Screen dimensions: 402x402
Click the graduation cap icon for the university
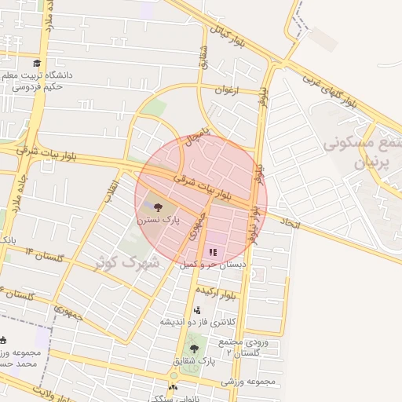(36, 64)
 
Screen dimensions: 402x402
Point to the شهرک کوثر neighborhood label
(126, 261)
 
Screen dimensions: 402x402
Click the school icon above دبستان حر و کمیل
(212, 253)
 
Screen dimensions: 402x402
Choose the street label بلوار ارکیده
(240, 294)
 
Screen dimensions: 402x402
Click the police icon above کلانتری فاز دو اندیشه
(196, 310)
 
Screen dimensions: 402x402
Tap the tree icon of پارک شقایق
(194, 349)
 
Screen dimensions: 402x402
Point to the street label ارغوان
(225, 90)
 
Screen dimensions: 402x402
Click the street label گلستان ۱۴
(43, 254)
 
